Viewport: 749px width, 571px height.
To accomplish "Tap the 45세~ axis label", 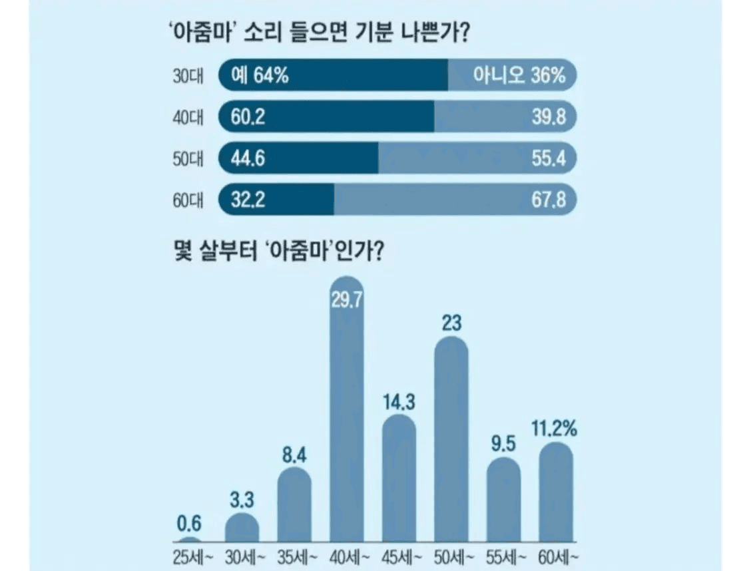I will coord(399,556).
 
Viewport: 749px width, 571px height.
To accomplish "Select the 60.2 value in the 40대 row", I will coord(248,118).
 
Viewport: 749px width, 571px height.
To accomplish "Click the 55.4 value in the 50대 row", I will coord(549,159).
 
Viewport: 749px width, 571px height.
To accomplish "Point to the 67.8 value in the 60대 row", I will coord(549,200).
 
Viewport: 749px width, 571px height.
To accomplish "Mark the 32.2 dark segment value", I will coord(248,200).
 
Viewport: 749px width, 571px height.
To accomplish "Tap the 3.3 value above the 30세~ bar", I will coord(242,499).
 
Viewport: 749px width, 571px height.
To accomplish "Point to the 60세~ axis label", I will coord(556,556).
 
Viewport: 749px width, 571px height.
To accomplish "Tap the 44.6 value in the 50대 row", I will coord(248,159).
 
